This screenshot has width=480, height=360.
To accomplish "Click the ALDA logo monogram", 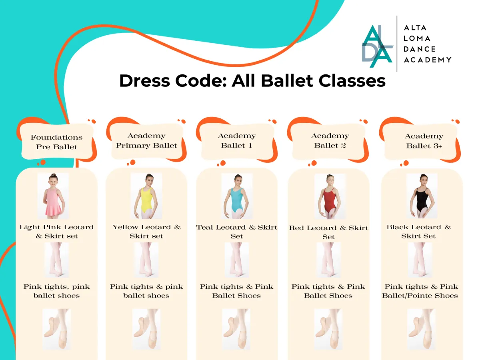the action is tap(378, 46).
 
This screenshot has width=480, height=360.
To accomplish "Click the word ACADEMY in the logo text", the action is tap(427, 60).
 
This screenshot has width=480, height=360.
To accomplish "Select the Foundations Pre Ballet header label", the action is tap(57, 142).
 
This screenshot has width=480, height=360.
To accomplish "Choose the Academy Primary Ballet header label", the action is tap(146, 140).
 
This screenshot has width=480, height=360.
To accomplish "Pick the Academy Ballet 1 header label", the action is tap(237, 140).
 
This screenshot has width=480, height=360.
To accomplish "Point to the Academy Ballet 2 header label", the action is tap(330, 140).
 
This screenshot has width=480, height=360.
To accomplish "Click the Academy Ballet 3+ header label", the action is tap(424, 141).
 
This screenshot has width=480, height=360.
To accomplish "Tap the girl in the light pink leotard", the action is tap(53, 196).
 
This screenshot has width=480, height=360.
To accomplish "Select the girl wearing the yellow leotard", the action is tap(146, 196).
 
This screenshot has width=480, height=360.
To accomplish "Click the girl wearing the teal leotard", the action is tap(237, 196).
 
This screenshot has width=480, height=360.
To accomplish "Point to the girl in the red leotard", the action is tap(330, 196).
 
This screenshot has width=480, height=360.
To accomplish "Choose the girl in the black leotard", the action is tap(422, 196).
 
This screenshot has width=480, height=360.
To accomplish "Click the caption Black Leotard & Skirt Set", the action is tap(418, 232).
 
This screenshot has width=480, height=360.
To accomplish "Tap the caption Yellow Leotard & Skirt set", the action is tap(146, 232).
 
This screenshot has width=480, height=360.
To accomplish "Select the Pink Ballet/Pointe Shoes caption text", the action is tap(420, 291).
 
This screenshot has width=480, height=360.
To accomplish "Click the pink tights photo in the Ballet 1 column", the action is tap(237, 260).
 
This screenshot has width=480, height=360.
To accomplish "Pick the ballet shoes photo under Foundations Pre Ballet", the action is tap(57, 329).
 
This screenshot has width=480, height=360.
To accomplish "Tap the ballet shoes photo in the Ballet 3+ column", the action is tap(421, 329).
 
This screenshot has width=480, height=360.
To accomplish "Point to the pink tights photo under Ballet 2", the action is tap(328, 260).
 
